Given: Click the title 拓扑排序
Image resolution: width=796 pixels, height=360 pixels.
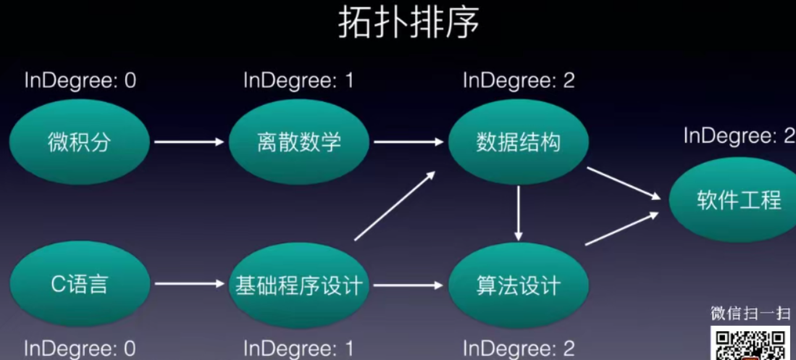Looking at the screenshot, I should coord(409,23).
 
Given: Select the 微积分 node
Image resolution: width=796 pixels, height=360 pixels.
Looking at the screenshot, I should coord(80,142).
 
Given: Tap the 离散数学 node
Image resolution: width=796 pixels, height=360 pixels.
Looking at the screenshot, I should coord(298,142).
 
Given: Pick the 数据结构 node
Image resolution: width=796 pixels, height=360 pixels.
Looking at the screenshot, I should coord(518,142).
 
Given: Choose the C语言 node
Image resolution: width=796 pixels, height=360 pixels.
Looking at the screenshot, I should coord(80,284).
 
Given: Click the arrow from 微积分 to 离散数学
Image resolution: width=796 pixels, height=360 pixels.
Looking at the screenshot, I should coord(190,142).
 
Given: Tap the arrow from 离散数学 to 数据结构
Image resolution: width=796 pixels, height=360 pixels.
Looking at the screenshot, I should coord(409,142).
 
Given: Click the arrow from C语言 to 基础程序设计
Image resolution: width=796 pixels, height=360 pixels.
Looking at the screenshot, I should coord(190,284).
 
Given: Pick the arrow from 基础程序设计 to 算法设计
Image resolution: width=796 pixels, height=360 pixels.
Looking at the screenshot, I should coord(409,285).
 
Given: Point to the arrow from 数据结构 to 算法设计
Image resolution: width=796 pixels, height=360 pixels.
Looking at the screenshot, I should coord(519,213).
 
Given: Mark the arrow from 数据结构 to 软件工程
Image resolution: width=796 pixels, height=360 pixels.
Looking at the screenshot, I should coord(623,183).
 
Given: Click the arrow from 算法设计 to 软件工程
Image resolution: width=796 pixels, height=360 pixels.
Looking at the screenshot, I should coord(623,229).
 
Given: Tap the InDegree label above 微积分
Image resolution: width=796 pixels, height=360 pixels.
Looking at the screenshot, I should coord(80,80).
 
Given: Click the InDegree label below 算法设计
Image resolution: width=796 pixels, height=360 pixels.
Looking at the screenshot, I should coord(519,348).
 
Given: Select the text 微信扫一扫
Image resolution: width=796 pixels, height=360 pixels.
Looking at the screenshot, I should coord(750,314).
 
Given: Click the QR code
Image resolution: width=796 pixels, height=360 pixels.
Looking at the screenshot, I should coord(750,344).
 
